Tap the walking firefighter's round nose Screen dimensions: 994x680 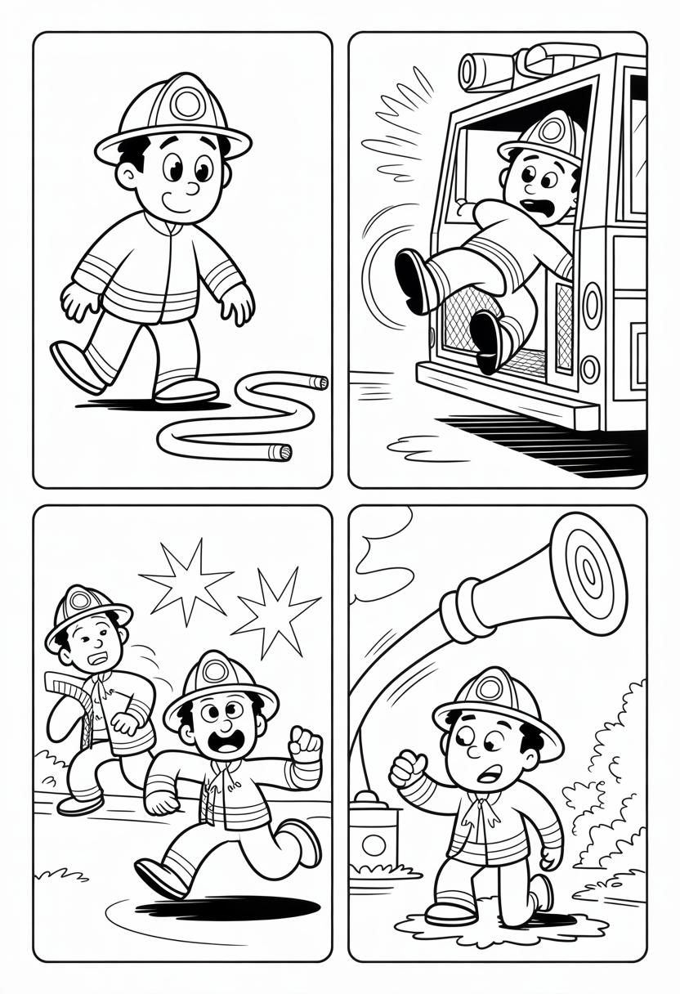[193, 188]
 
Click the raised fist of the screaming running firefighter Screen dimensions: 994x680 [306, 744]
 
